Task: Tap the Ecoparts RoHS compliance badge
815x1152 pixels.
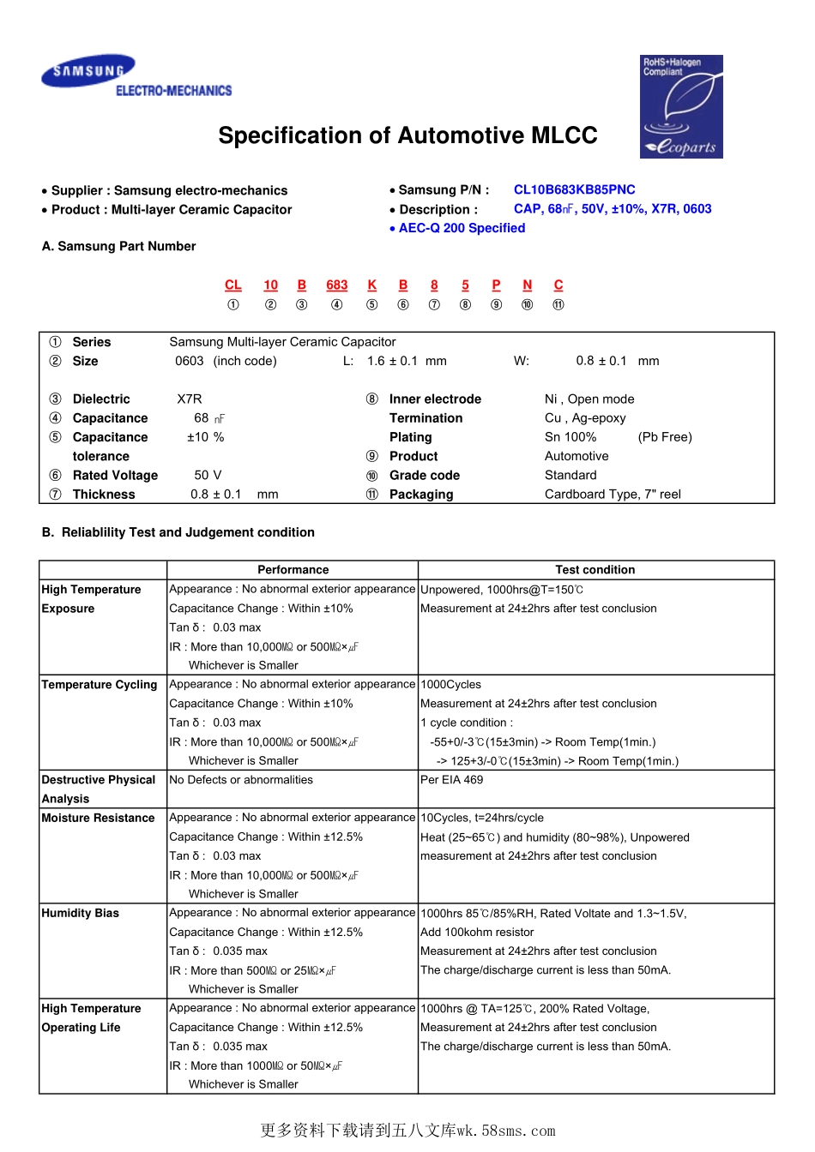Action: (x=682, y=106)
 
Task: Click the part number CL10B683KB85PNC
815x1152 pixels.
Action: (x=574, y=189)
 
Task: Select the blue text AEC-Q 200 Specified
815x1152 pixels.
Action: (x=462, y=228)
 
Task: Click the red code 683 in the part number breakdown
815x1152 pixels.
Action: (x=337, y=285)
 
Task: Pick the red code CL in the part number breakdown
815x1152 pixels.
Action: (x=233, y=285)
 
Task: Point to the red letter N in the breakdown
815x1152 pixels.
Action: (x=528, y=285)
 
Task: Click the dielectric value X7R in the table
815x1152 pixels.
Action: (x=190, y=399)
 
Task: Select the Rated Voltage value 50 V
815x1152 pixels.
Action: (x=208, y=475)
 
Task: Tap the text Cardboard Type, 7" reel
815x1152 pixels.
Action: (x=613, y=494)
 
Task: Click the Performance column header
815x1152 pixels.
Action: (x=293, y=569)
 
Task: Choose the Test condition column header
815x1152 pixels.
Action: (x=595, y=569)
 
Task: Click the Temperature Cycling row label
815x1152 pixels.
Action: (x=100, y=685)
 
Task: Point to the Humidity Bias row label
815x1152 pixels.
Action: (x=81, y=913)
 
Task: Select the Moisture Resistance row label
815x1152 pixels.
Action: (x=99, y=818)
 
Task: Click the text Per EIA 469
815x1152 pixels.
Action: (x=451, y=780)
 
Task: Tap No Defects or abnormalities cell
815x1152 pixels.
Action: (x=241, y=780)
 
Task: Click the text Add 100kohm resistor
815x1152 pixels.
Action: (x=477, y=932)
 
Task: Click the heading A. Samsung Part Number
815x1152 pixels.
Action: (x=119, y=246)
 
